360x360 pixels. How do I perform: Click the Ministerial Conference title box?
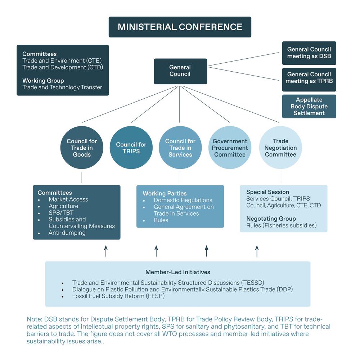(180, 27)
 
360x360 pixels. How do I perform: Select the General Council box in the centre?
(180, 71)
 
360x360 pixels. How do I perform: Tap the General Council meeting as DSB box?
(309, 53)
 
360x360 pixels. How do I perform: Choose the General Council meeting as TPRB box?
(309, 78)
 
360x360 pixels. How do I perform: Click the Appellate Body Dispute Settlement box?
(309, 106)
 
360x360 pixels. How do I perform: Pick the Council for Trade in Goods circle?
(82, 148)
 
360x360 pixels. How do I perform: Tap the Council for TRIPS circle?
(131, 148)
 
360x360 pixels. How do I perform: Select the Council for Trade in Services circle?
(180, 148)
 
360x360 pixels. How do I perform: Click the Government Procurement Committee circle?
(230, 148)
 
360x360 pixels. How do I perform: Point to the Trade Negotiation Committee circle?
(280, 148)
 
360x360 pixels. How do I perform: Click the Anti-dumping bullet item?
(67, 233)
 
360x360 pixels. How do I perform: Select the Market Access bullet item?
(68, 199)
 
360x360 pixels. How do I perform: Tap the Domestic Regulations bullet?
(183, 200)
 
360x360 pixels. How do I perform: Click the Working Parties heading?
(165, 193)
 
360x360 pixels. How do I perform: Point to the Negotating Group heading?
(271, 219)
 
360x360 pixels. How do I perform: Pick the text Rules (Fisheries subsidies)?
(281, 225)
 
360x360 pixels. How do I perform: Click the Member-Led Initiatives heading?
(177, 272)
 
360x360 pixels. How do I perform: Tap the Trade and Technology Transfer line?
(62, 87)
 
